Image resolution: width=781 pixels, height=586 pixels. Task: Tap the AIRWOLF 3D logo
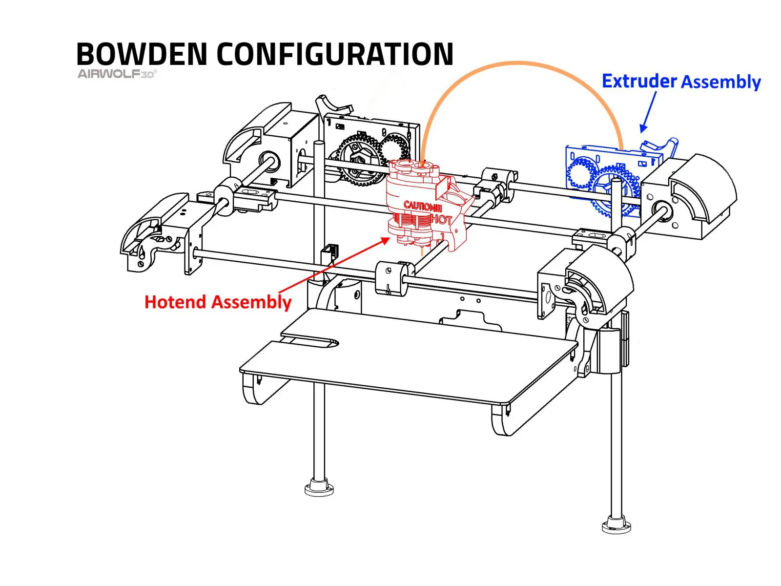(117, 74)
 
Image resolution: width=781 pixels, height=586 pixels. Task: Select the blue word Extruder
(639, 81)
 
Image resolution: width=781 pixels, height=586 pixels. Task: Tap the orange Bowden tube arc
(517, 64)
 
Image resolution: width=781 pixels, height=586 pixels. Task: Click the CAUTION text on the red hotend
(422, 206)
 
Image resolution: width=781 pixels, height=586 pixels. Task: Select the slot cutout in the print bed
(312, 342)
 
